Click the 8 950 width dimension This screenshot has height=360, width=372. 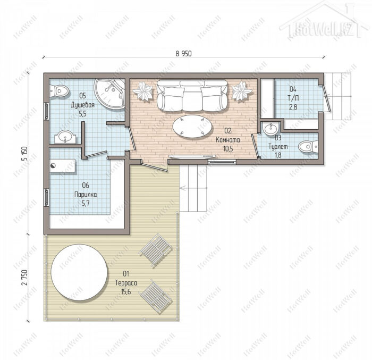(183, 53)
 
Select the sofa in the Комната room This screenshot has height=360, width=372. (192, 95)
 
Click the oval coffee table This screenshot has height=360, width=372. (192, 128)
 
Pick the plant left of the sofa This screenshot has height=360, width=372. (143, 91)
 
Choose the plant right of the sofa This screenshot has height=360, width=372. (242, 91)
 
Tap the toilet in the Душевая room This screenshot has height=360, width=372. (59, 90)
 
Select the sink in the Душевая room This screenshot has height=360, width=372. (65, 137)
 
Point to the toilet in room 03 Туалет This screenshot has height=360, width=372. (308, 147)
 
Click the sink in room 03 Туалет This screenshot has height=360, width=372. (270, 129)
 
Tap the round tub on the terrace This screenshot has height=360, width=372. (79, 272)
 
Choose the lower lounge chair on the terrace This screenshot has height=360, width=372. (156, 296)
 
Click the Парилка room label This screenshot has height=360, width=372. (86, 195)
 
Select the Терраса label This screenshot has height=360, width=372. (126, 283)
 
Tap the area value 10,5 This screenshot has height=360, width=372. (228, 149)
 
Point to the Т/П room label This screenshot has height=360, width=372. (293, 98)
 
